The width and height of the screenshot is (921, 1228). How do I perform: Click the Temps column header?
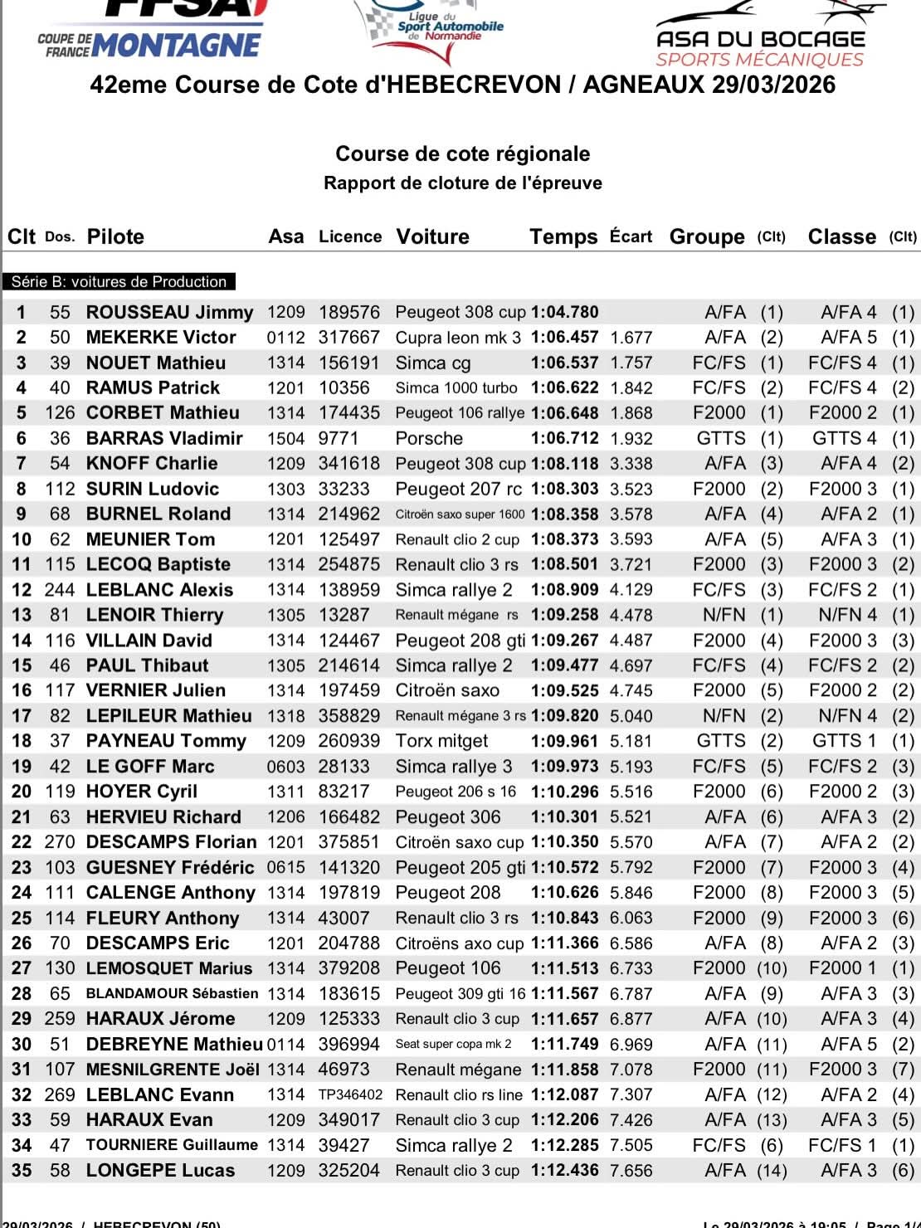tap(563, 237)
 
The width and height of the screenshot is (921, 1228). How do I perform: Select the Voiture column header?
tap(432, 237)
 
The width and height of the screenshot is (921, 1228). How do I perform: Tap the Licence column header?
tap(350, 236)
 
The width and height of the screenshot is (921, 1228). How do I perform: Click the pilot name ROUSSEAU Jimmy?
tap(169, 313)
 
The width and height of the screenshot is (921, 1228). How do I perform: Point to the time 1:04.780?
tap(564, 313)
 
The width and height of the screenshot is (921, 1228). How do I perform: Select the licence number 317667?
tap(348, 338)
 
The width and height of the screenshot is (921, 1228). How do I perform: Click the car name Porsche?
tap(429, 438)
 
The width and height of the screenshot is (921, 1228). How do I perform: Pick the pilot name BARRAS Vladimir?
tap(164, 438)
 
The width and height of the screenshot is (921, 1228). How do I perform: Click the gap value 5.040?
tap(631, 716)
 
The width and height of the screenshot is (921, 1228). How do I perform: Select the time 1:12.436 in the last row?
tap(564, 1171)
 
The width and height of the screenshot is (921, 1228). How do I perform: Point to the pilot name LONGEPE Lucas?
tap(160, 1171)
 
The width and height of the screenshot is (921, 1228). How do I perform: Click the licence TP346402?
tap(350, 1095)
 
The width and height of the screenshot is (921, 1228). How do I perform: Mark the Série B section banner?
tap(119, 282)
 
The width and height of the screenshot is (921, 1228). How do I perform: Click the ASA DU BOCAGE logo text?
tap(760, 39)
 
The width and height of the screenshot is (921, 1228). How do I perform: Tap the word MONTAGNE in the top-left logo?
tap(177, 45)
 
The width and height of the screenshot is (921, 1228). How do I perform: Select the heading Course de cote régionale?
tap(462, 154)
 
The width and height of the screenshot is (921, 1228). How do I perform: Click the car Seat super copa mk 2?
tap(453, 1045)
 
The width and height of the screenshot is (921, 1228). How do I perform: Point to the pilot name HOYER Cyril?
tap(142, 792)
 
